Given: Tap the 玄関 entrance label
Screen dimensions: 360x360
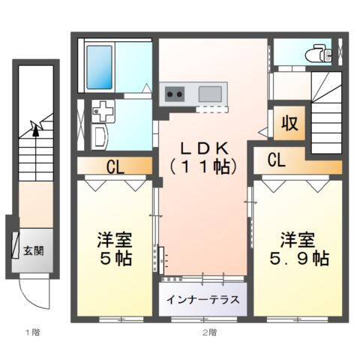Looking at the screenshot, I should coord(32,250).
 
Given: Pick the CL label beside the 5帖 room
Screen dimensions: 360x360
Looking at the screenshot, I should coord(114,166).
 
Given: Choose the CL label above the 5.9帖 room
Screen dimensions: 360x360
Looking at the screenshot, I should coord(276,160).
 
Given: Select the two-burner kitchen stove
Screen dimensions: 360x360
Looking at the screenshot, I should coord(175,94).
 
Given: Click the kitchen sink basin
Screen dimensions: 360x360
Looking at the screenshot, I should coord(210,94).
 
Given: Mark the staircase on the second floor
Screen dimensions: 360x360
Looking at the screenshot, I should coord(328,112).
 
